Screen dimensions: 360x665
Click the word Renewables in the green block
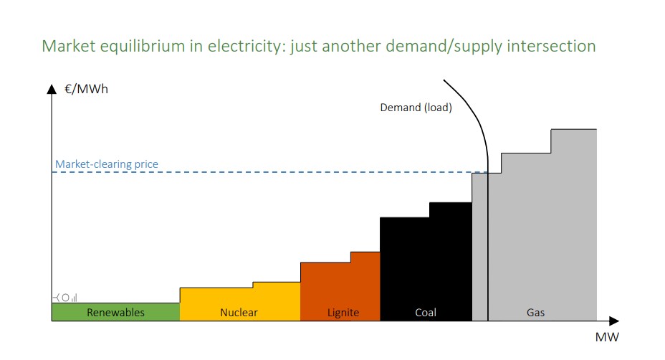pyautogui.click(x=115, y=313)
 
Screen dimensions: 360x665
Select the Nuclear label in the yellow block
pyautogui.click(x=239, y=313)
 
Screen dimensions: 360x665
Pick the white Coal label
pyautogui.click(x=425, y=313)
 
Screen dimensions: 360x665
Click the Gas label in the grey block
pyautogui.click(x=535, y=313)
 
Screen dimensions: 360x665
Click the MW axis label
pyautogui.click(x=606, y=336)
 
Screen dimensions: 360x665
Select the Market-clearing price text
pyautogui.click(x=107, y=164)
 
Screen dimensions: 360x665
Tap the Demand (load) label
pyautogui.click(x=416, y=108)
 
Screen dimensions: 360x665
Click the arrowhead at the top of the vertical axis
pyautogui.click(x=52, y=90)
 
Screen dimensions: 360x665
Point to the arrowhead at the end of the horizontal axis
pyautogui.click(x=613, y=321)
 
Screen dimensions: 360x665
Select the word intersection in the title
pyautogui.click(x=548, y=47)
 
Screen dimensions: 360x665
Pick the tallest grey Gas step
pyautogui.click(x=573, y=215)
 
